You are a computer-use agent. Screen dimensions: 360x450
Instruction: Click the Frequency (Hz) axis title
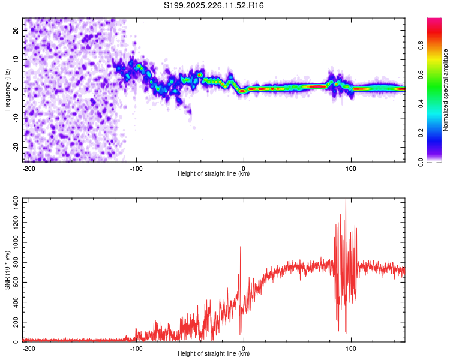(x=7, y=89)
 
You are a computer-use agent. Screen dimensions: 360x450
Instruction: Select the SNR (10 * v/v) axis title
(x=7, y=269)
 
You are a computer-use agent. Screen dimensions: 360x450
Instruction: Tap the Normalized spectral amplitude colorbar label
(x=446, y=90)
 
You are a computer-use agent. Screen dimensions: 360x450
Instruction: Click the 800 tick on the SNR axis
(x=14, y=263)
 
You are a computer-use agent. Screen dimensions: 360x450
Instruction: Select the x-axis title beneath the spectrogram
(x=214, y=174)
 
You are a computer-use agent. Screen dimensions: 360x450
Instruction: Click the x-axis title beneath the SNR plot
(x=214, y=354)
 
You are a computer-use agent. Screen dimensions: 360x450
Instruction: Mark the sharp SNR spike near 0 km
(x=241, y=247)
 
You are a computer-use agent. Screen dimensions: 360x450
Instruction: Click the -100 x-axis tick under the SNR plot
(x=136, y=347)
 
